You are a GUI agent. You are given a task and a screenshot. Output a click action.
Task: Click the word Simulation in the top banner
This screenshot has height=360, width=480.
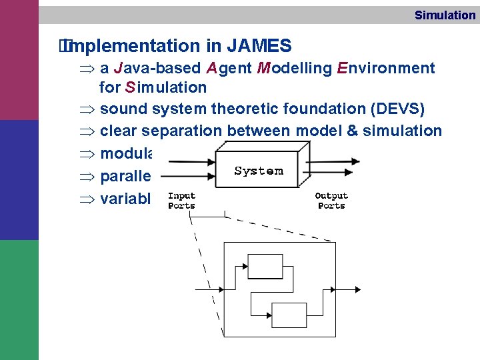(x=445, y=15)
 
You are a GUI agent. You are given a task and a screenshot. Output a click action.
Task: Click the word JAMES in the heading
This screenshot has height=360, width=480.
(x=259, y=46)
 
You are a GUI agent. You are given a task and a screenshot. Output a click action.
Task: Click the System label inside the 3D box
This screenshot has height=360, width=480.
(x=259, y=171)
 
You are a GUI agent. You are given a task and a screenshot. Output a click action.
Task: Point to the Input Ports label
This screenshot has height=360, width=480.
(x=181, y=201)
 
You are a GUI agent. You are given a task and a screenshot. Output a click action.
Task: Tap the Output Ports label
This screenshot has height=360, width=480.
(x=331, y=201)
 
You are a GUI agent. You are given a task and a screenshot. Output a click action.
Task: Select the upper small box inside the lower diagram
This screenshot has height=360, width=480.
(x=265, y=265)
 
